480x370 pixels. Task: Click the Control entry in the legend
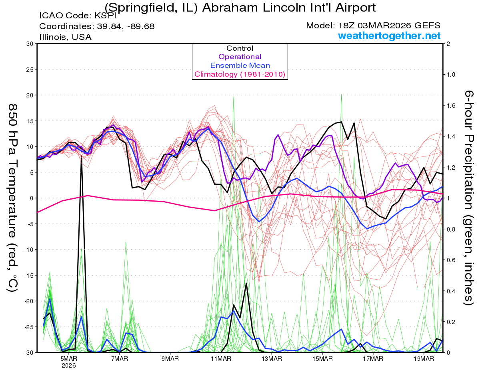tap(240, 48)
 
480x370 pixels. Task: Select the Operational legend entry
tap(240, 57)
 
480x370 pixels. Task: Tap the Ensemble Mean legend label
tap(240, 65)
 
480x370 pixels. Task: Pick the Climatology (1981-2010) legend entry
tap(240, 74)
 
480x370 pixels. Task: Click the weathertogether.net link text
tap(389, 36)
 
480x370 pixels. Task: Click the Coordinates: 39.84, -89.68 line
tap(97, 26)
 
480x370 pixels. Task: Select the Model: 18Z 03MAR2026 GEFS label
tap(373, 26)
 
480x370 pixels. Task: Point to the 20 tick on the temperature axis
tap(29, 95)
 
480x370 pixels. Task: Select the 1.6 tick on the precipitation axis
tap(451, 105)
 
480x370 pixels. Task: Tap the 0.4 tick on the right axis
tap(451, 291)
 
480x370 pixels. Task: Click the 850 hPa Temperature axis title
tap(13, 198)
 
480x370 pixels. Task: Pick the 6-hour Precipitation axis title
tap(468, 198)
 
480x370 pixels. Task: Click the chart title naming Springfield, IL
tap(240, 7)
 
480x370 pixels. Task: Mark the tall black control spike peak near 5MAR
tap(82, 156)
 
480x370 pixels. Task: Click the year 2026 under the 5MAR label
tap(69, 365)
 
